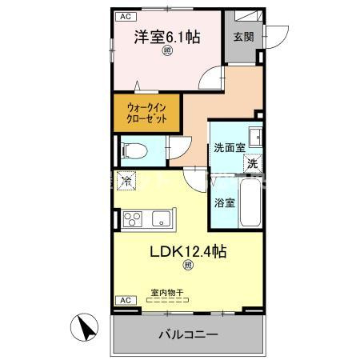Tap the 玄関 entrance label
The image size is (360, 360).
(242, 38)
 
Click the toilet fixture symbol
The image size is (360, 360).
(133, 149)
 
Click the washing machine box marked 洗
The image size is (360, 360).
(252, 163)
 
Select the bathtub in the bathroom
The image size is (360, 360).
(251, 205)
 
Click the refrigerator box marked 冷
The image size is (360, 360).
(126, 181)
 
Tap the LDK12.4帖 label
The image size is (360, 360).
(189, 251)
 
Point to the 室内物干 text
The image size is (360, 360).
(167, 293)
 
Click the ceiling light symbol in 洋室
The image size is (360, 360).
(167, 53)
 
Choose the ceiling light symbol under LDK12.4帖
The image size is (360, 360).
(189, 266)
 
